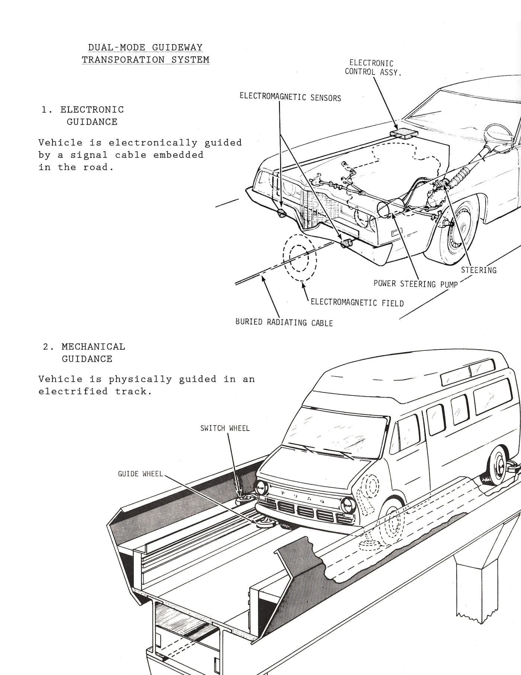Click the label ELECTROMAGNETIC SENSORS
tap(290, 97)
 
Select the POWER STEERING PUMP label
tap(415, 284)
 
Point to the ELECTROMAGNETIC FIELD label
tap(357, 303)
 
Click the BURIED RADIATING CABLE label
tap(284, 322)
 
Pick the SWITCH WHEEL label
tap(225, 428)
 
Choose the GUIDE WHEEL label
tap(140, 474)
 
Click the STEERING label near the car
tap(479, 270)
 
